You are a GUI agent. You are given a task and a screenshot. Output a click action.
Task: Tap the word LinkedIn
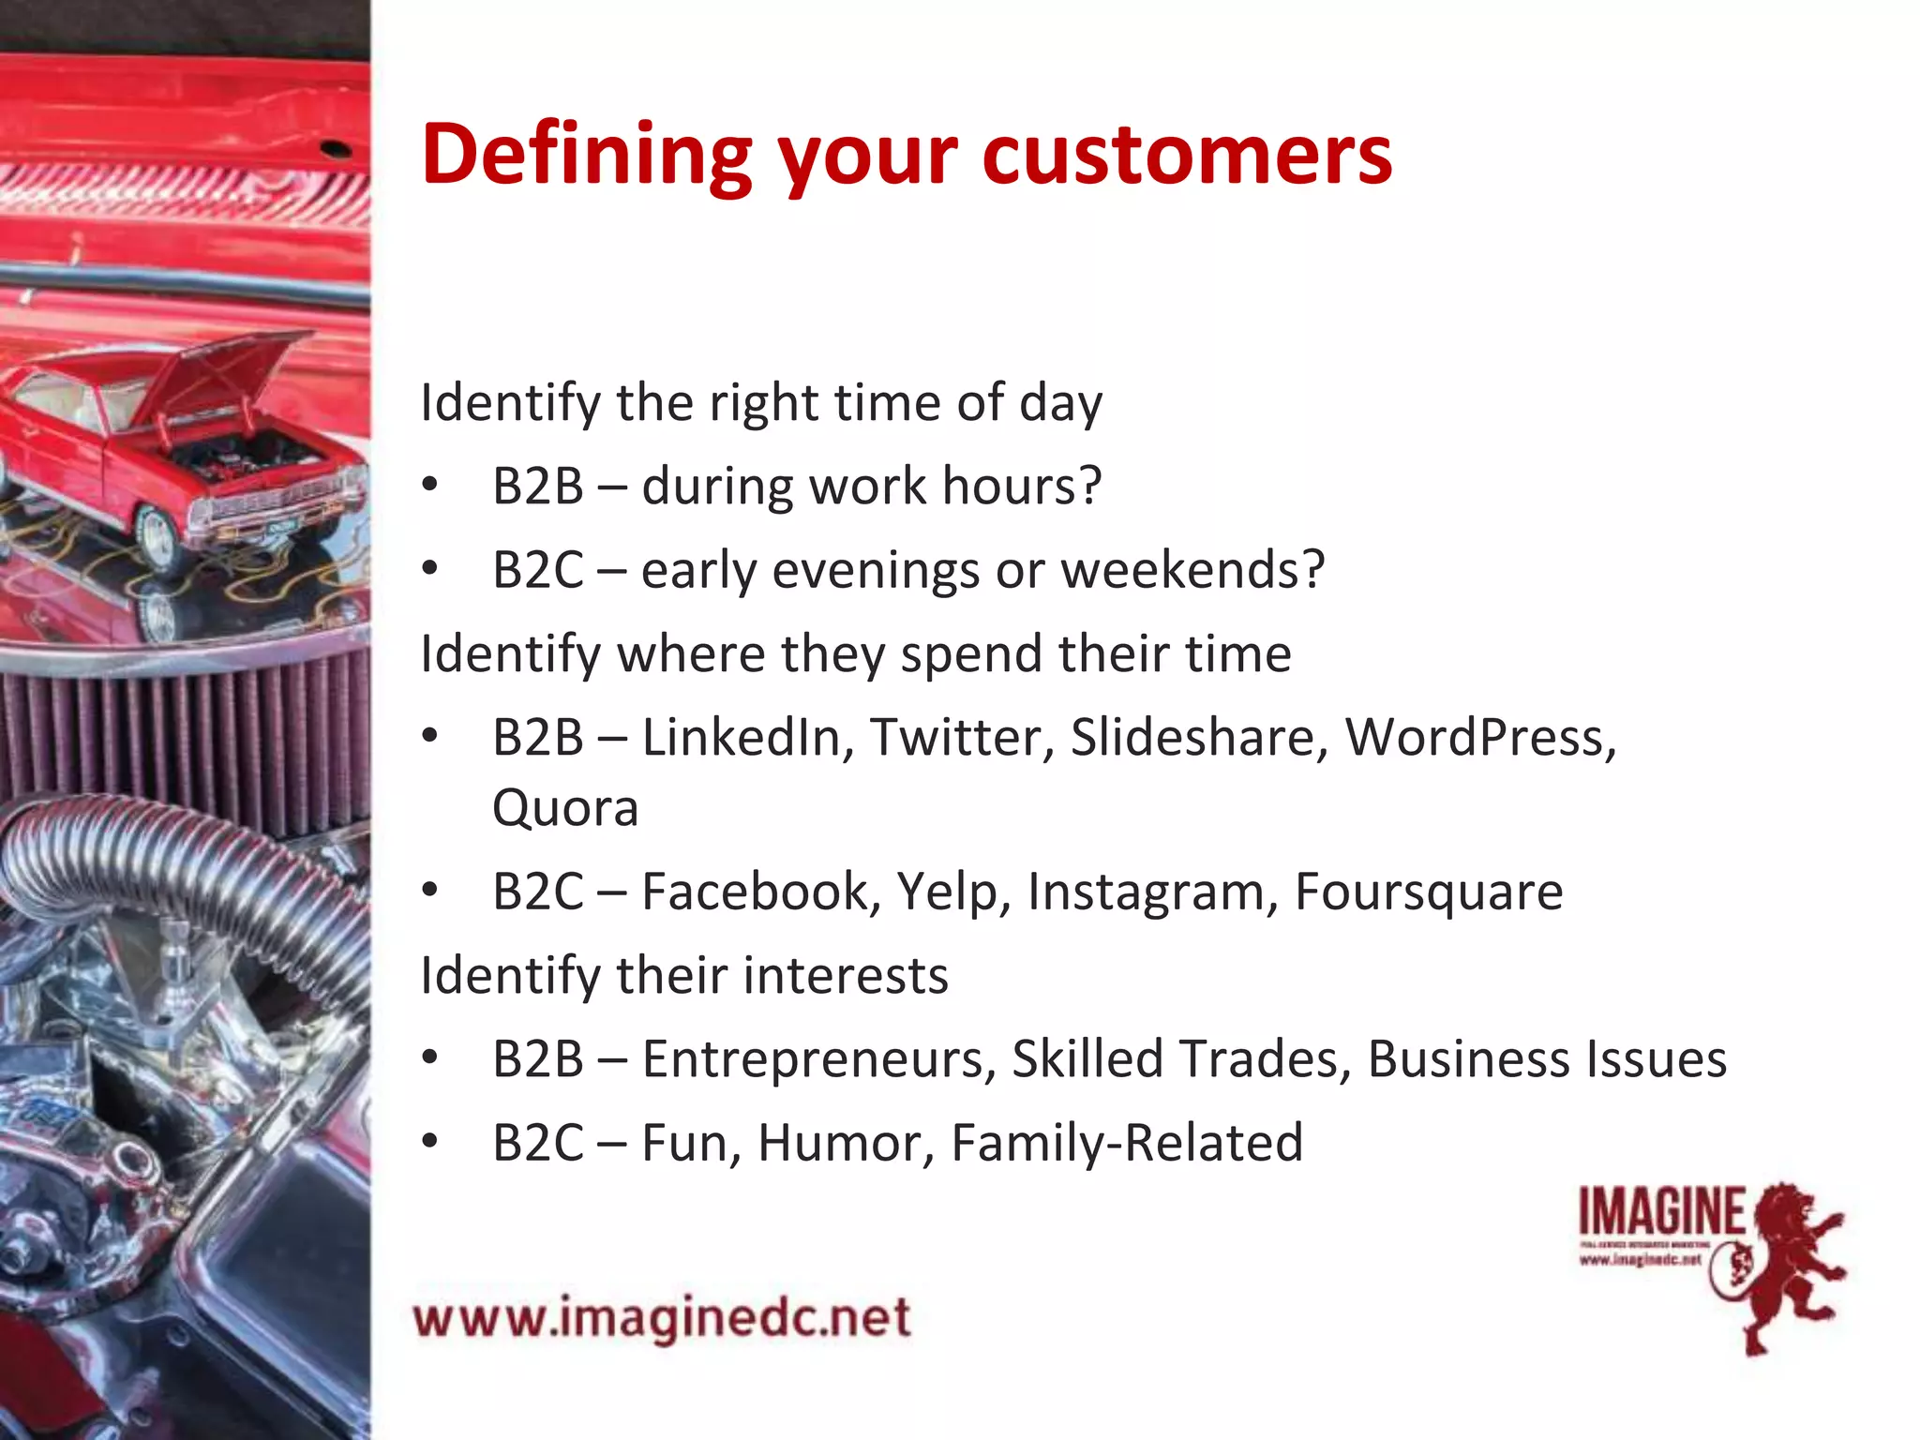click(746, 737)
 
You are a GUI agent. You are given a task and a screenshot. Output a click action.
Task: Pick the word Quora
click(565, 808)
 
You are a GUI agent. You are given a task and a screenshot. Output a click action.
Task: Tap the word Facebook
click(760, 891)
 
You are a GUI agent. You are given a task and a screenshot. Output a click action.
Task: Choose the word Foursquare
click(1428, 892)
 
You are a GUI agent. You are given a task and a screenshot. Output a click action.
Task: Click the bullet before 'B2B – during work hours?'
click(429, 486)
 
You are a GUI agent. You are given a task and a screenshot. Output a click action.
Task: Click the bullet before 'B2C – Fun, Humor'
click(429, 1142)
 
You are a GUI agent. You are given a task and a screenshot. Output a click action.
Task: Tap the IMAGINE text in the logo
click(1661, 1212)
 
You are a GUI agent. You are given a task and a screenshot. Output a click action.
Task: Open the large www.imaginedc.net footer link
click(662, 1318)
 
